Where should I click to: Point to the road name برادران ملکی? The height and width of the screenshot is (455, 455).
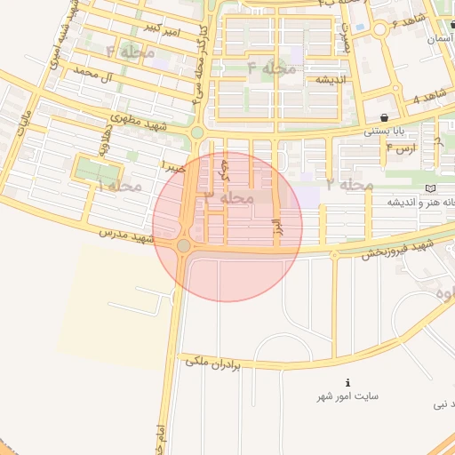click(x=226, y=363)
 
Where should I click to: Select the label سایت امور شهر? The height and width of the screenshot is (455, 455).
click(x=347, y=395)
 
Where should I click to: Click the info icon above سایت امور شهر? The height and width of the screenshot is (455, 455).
click(x=347, y=382)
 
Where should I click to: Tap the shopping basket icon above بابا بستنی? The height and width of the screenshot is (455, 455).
click(x=383, y=117)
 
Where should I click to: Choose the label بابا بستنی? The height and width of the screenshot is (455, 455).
click(x=384, y=132)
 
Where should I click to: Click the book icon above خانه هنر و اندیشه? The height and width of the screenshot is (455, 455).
click(x=431, y=188)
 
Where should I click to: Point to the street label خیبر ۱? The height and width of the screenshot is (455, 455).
click(x=174, y=166)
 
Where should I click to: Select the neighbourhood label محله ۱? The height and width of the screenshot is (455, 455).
click(x=120, y=186)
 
